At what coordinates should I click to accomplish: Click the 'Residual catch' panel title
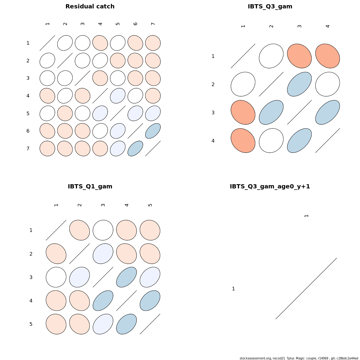click(90, 7)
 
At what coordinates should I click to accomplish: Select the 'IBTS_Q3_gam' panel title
click(270, 7)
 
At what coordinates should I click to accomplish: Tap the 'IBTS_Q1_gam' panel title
click(90, 187)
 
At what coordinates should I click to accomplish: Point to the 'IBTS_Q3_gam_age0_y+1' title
click(270, 187)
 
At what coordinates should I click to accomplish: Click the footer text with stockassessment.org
click(299, 358)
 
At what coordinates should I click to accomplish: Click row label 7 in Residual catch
click(28, 148)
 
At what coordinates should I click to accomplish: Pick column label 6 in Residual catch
click(135, 24)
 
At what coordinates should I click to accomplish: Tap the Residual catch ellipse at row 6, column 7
click(153, 131)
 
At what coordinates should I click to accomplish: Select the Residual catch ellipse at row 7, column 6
click(135, 148)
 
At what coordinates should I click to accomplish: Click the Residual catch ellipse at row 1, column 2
click(65, 43)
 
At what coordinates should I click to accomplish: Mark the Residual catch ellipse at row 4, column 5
click(118, 96)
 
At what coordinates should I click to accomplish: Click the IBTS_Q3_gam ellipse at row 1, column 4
click(328, 56)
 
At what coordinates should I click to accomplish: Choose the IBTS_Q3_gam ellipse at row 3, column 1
click(243, 112)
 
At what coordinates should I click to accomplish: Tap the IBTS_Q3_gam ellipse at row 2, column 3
click(299, 84)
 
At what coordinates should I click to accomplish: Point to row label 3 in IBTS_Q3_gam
click(213, 113)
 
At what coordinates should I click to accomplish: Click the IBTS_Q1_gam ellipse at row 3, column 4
click(127, 277)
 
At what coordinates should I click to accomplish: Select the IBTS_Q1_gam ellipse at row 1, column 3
click(103, 230)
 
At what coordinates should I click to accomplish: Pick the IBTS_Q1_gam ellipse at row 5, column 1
click(56, 324)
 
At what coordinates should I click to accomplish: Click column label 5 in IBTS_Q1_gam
click(150, 205)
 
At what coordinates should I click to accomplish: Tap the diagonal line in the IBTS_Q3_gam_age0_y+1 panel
click(306, 288)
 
